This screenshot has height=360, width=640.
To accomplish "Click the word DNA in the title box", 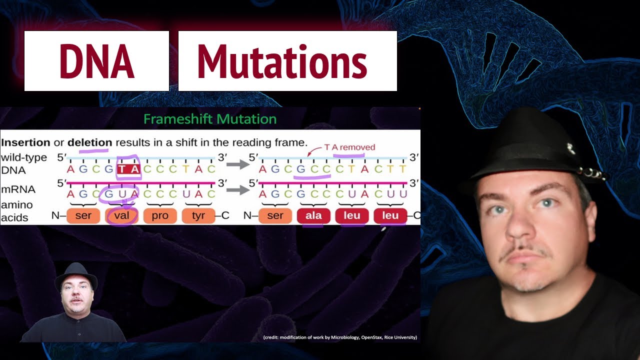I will point(96,61).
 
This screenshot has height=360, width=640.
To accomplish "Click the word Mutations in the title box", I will point(282,61).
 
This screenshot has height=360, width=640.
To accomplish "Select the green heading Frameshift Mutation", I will point(210,119).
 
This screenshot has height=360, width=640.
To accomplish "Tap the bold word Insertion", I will point(25,142).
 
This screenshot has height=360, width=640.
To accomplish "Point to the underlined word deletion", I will point(89,142).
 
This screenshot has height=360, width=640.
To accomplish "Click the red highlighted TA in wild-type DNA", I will point(128,169).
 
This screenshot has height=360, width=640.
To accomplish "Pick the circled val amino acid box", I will point(122,216).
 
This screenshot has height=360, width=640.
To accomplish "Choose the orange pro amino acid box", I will point(160,216).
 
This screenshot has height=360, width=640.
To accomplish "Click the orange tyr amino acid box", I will point(198,216).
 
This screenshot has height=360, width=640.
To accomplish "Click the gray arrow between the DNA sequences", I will point(237,164).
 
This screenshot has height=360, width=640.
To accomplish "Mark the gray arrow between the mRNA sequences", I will point(237,189).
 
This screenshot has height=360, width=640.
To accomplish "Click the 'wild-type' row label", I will point(24,157).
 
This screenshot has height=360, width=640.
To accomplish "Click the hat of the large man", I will point(530,145).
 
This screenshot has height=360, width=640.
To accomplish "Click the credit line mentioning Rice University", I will point(340,337).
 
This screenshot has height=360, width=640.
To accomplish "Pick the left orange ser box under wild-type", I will point(84,216).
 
